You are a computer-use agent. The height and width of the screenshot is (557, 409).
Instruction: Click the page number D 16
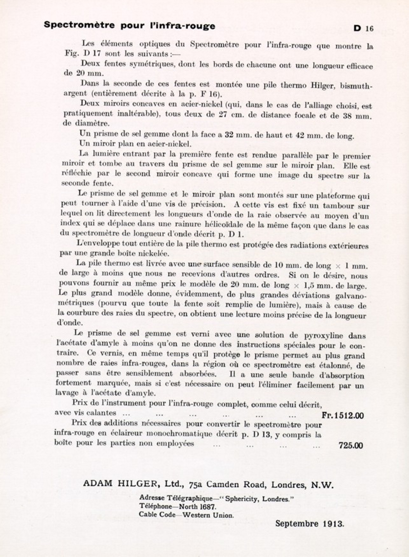364,28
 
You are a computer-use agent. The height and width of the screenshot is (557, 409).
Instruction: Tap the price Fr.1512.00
343,415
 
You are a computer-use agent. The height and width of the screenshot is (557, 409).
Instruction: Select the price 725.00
350,445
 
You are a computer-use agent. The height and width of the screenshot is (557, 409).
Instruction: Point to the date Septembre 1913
309,524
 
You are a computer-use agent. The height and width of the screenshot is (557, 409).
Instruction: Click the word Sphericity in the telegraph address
241,499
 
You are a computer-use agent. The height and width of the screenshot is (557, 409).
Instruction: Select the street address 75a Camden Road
227,484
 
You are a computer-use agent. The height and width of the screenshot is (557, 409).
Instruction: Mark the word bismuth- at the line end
356,86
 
